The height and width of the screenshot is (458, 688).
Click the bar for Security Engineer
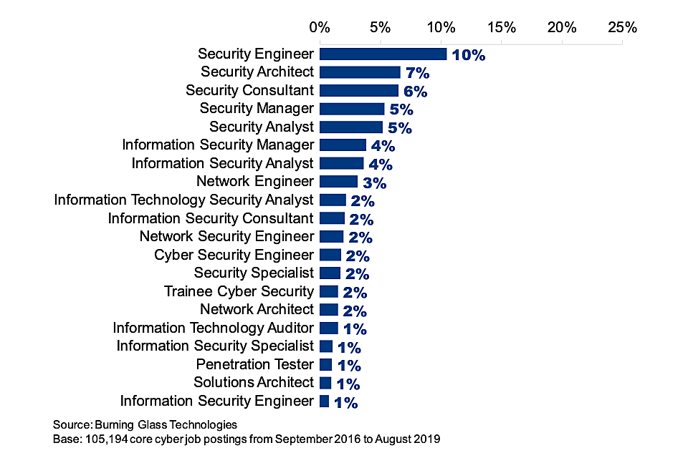[383, 54]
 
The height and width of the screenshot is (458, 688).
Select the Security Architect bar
[360, 72]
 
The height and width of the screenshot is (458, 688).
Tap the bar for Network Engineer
[338, 182]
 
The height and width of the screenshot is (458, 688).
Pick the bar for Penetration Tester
[326, 364]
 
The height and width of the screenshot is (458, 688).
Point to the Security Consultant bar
[358, 90]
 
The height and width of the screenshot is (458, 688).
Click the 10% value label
[469, 55]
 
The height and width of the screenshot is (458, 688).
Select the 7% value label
[417, 73]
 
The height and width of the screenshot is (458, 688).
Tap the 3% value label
[375, 182]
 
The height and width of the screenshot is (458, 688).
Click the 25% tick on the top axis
[622, 28]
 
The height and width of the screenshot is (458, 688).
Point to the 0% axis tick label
[320, 28]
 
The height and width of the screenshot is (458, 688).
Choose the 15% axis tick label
[501, 28]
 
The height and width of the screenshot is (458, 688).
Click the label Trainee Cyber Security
[239, 291]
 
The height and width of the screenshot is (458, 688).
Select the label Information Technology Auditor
[213, 328]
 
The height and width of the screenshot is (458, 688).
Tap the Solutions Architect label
[254, 382]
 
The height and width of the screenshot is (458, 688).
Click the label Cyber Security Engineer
[234, 255]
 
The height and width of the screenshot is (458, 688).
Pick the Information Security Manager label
[218, 145]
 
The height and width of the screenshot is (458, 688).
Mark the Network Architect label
[257, 309]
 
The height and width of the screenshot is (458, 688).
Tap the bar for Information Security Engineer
[325, 401]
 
